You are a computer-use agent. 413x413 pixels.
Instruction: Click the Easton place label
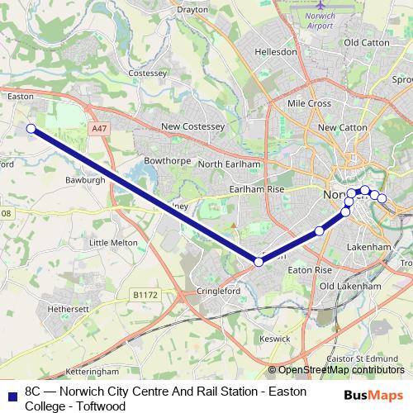tap(20, 96)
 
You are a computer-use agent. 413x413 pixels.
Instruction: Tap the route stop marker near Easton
tap(31, 128)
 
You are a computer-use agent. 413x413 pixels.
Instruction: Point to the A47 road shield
tap(100, 129)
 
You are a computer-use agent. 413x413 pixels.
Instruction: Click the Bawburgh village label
tap(107, 178)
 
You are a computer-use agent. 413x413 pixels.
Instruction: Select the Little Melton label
tap(112, 243)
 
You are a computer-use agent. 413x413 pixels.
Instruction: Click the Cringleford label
tap(218, 292)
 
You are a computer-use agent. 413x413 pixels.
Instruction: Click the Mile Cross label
tap(308, 103)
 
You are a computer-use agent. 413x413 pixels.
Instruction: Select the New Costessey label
tap(193, 126)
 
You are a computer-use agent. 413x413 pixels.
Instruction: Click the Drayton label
tap(192, 10)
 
